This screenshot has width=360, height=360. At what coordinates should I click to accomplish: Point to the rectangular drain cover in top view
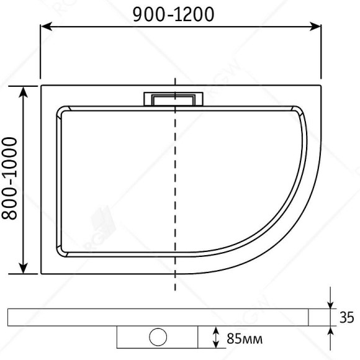pos(173,99)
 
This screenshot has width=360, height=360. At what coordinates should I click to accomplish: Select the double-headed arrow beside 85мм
pos(215,338)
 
